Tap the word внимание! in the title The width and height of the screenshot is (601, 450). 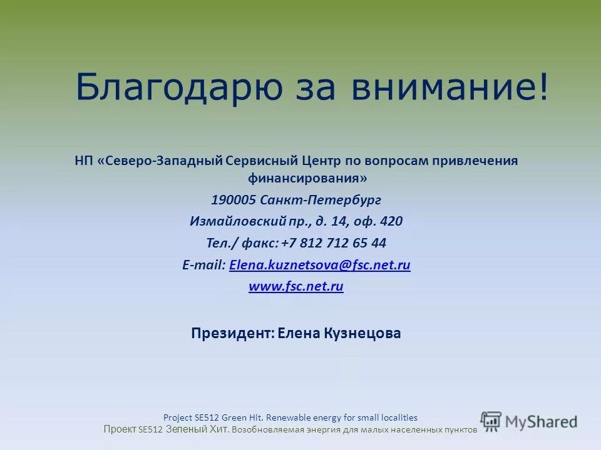coord(450,87)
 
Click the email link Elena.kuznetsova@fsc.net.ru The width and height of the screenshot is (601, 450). coord(320,265)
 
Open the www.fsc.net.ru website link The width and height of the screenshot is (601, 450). coord(296,287)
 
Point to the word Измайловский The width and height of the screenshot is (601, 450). coord(230,221)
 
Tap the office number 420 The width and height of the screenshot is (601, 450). coord(391,221)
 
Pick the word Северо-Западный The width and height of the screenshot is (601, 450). coord(164,161)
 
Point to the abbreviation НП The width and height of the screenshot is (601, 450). coord(83,161)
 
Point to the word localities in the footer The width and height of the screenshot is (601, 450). coord(398,417)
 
